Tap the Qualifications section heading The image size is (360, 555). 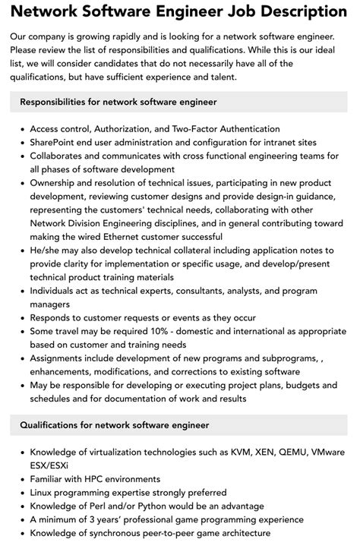click(115, 425)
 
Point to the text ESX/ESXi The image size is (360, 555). click(52, 465)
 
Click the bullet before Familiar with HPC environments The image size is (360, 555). click(21, 479)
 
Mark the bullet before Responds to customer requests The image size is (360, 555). click(21, 317)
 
